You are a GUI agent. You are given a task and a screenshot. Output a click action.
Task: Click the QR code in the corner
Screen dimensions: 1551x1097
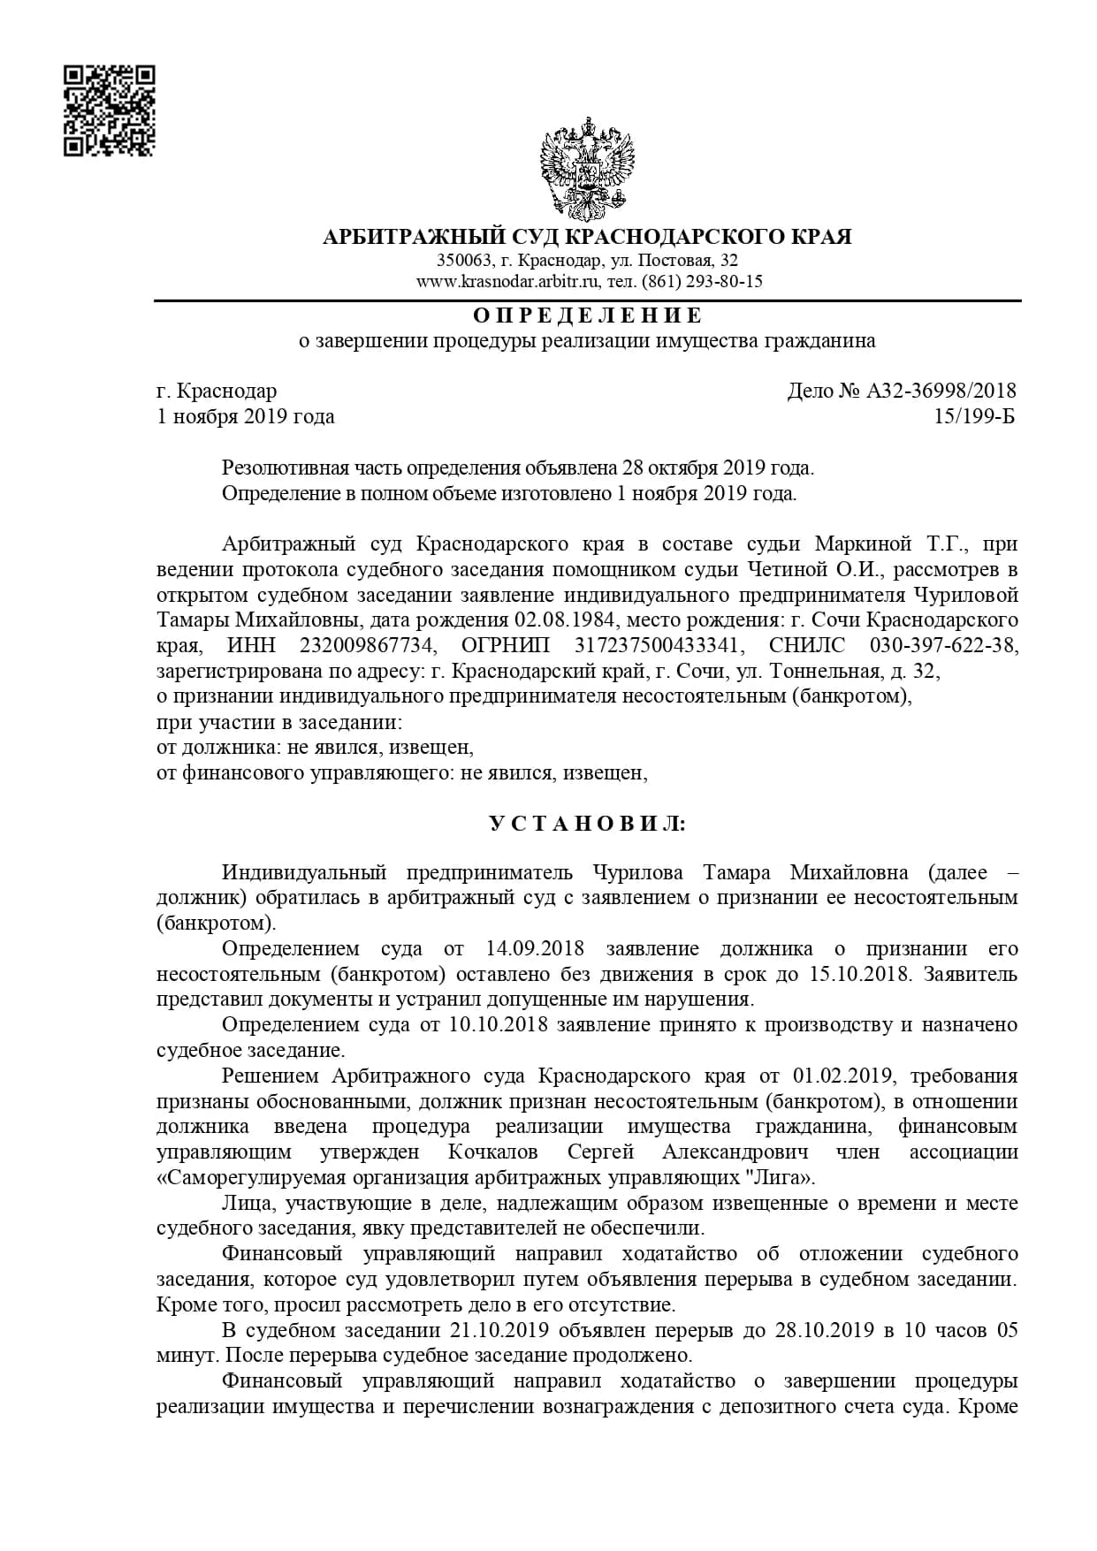click(110, 110)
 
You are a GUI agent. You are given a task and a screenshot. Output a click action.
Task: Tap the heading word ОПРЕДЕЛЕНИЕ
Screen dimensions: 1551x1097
click(588, 316)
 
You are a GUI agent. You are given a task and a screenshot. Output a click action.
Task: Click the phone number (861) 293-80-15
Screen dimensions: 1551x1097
click(703, 282)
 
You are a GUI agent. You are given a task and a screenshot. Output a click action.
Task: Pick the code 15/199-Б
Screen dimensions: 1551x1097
click(974, 416)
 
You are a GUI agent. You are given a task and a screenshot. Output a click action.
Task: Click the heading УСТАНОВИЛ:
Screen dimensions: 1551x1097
click(588, 824)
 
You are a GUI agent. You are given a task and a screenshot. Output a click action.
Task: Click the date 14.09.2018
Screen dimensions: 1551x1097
click(536, 949)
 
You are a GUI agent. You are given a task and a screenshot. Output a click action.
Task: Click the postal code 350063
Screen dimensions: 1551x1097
click(465, 261)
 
